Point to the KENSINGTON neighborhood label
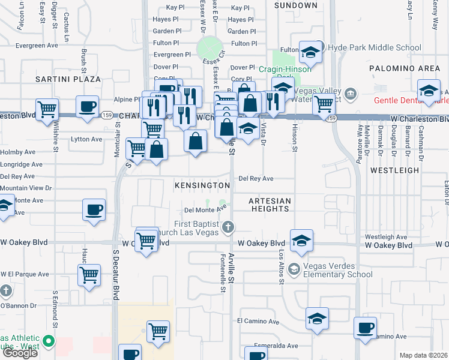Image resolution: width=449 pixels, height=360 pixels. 202,186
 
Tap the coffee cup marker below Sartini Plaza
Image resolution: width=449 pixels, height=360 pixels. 88,106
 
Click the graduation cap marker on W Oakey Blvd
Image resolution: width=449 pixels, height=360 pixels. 301,241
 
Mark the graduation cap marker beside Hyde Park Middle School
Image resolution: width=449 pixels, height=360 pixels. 311,52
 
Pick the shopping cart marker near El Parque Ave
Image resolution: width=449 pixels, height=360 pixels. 89,275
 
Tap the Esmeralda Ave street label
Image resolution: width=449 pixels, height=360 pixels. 276,346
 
